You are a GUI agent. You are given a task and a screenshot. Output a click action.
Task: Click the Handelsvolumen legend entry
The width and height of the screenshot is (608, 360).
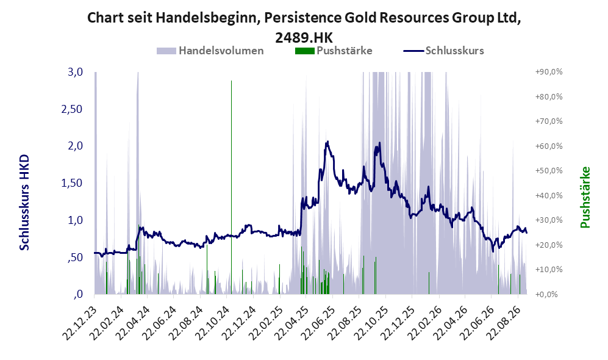coord(210,51)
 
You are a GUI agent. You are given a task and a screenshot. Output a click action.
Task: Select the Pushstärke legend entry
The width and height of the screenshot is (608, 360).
coord(334,51)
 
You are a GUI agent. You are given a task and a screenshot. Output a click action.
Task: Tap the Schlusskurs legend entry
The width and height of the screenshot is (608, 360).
coord(443,51)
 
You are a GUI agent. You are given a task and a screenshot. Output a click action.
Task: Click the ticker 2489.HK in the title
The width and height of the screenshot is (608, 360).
coord(304,38)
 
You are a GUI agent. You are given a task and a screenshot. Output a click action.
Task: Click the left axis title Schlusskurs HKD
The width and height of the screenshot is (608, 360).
coord(24,203)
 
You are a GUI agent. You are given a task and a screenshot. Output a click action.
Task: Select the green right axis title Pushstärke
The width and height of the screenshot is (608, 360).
coord(585,197)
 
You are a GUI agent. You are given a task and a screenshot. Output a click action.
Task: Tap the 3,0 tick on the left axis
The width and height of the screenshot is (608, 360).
coord(75,72)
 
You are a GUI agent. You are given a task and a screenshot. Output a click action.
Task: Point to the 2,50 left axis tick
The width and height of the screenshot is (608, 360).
coord(72,109)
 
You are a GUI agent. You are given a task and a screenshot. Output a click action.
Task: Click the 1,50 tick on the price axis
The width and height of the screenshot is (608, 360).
coord(72,183)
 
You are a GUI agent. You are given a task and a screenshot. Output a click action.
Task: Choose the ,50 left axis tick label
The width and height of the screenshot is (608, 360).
coord(75,257)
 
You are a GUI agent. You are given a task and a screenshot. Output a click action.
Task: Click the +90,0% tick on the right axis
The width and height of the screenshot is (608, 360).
coord(549,72)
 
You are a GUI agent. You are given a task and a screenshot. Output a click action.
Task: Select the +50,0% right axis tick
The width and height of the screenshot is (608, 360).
coord(549,171)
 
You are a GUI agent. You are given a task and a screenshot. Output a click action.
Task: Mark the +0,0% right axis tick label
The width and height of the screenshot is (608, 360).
coord(547,294)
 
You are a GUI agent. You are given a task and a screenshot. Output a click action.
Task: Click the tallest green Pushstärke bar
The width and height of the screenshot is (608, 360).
coord(232,187)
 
